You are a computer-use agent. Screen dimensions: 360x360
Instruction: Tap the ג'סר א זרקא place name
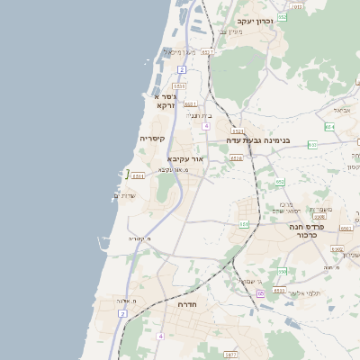165,100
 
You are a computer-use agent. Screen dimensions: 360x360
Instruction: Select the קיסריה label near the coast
151,138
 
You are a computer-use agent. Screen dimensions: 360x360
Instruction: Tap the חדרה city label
188,304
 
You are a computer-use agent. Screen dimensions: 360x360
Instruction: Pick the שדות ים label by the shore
123,195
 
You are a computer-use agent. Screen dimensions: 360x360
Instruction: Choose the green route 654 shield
329,127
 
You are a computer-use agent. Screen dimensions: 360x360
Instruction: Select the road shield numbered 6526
237,158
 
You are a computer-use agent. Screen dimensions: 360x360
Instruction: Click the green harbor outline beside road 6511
126,173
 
